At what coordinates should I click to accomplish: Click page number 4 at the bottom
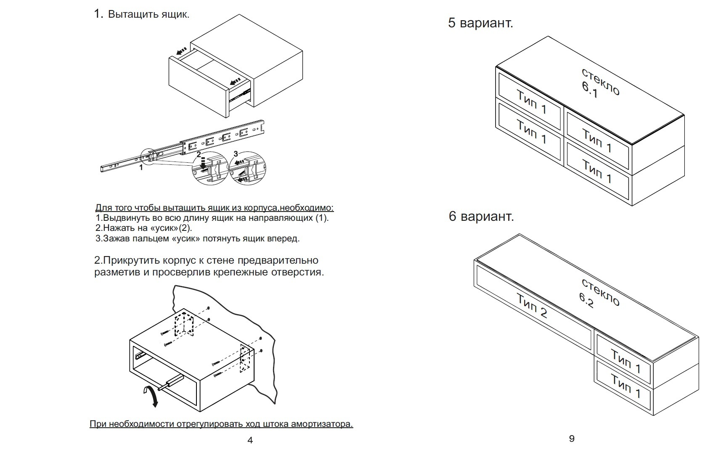pyautogui.click(x=250, y=440)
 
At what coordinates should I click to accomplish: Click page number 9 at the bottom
pyautogui.click(x=572, y=439)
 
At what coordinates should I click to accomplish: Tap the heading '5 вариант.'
pyautogui.click(x=480, y=23)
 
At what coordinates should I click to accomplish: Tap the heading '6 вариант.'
pyautogui.click(x=481, y=216)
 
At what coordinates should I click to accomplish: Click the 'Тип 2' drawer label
pyautogui.click(x=532, y=306)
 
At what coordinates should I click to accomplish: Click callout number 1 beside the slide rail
pyautogui.click(x=141, y=167)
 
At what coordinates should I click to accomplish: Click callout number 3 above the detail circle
pyautogui.click(x=236, y=154)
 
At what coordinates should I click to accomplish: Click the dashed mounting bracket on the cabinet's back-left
pyautogui.click(x=184, y=325)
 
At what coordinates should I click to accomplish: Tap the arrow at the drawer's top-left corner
pyautogui.click(x=182, y=52)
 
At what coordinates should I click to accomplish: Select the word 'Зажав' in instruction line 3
pyautogui.click(x=116, y=239)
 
